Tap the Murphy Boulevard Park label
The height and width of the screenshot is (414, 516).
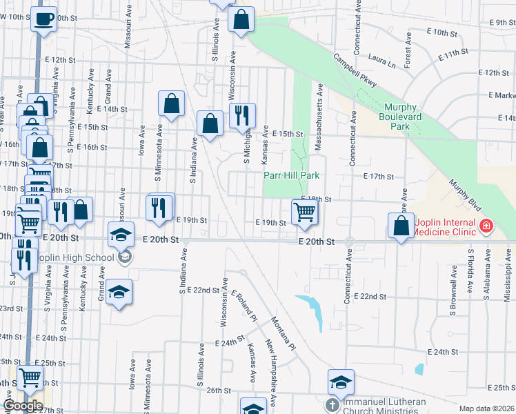click(x=400, y=117)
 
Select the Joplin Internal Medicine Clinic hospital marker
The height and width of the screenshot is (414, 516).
click(x=486, y=226)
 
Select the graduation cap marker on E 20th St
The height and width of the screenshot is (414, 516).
click(x=121, y=235)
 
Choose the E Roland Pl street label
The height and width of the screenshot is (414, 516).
click(x=244, y=307)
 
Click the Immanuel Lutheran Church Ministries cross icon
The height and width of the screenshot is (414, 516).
click(x=332, y=404)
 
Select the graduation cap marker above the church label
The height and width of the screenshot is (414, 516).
click(x=341, y=382)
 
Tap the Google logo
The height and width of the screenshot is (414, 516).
click(x=23, y=406)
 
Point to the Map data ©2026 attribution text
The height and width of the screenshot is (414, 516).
click(x=486, y=408)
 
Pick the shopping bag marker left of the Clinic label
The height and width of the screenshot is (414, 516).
click(x=401, y=226)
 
